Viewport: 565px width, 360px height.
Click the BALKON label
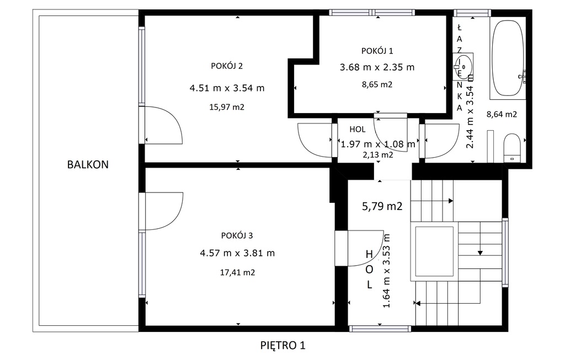pos(88,164)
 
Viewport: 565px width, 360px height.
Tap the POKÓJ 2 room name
pos(227,66)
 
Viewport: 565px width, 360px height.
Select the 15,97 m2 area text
pos(227,107)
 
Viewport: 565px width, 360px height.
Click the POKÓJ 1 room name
pos(377,51)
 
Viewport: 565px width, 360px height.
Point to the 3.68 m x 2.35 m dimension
pos(377,67)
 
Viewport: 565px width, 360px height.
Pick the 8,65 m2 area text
pos(377,84)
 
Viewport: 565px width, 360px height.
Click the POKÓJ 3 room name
pos(237,235)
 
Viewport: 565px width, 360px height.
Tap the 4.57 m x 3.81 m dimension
pos(237,253)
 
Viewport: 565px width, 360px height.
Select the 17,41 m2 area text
pos(237,272)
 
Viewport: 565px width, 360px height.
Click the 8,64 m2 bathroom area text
pos(502,115)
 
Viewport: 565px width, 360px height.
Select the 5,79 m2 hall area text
pos(382,206)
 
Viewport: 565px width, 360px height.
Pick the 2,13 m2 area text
pos(377,155)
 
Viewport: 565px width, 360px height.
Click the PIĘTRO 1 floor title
pos(283,346)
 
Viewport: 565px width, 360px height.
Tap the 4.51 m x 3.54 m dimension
pos(227,88)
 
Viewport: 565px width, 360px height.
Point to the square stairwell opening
pos(434,251)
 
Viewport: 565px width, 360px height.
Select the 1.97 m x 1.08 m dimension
pos(378,144)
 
